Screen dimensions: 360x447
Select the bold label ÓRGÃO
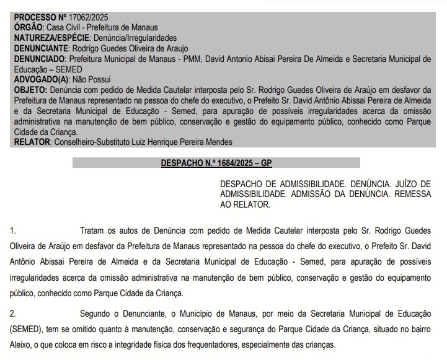(29, 27)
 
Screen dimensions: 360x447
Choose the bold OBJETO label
(29, 90)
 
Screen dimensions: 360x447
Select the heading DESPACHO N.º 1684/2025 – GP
(216, 163)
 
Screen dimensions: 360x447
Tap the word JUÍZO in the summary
(402, 185)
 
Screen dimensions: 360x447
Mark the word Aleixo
(22, 344)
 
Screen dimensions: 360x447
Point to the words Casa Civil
(64, 27)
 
